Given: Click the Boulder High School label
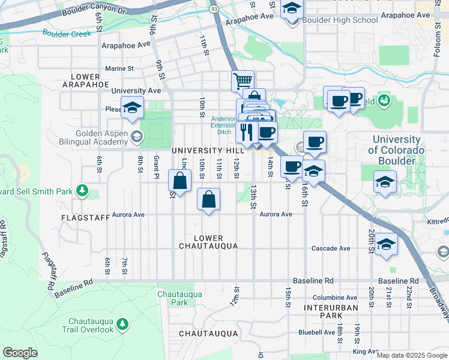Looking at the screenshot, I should [340, 20].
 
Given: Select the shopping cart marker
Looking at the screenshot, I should [243, 80].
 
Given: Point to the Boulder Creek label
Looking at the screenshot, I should [67, 34].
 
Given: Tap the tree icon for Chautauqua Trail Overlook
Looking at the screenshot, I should [122, 325].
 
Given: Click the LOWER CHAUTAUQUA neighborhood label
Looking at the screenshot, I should [208, 242].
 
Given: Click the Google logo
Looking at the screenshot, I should [20, 353].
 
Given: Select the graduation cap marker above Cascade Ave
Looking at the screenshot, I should [387, 244].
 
